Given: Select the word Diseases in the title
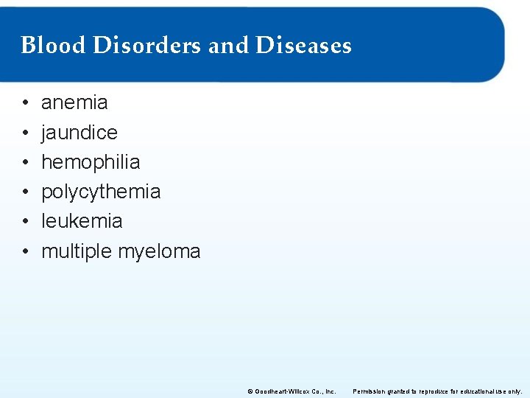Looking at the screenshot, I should coord(303,46).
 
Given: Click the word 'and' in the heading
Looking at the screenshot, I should coord(229,46).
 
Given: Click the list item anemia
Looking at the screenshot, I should coord(74,102).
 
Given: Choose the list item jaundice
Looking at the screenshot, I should coord(79,133).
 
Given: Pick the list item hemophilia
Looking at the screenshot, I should coord(91,162).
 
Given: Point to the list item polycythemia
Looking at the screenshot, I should coord(101,192).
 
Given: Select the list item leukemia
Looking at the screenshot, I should coord(82,221).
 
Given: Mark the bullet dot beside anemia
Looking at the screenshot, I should coord(25,103).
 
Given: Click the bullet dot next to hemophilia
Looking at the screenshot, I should coord(25,162).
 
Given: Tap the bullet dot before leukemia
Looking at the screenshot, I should coord(25,221).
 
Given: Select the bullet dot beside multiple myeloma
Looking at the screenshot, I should coord(25,251).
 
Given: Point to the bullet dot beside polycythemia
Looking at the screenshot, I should coord(25,192).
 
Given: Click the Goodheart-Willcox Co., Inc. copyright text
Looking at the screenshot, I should coord(294,391).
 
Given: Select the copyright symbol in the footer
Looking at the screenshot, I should coord(250,391).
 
